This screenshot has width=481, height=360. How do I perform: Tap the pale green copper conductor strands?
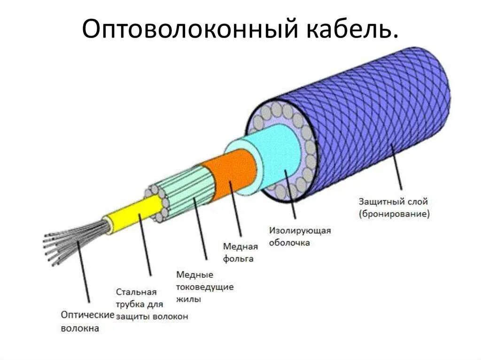(x=183, y=192)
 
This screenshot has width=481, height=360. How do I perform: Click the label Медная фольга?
(x=240, y=253)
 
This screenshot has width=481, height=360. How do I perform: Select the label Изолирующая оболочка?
(x=300, y=237)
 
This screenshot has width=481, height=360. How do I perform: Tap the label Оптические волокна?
(x=87, y=322)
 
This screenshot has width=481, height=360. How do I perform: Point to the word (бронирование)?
(x=394, y=214)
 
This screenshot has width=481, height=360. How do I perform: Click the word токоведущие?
(x=205, y=286)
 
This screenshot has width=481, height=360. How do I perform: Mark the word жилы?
(x=189, y=299)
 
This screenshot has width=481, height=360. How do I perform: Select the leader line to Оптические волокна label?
(x=84, y=272)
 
